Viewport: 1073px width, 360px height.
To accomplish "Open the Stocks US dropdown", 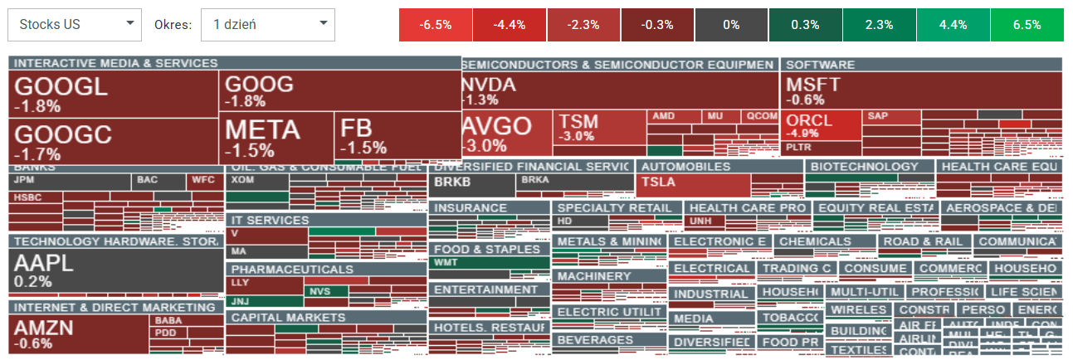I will [74, 25].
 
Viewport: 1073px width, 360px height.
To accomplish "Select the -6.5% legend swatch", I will [436, 25].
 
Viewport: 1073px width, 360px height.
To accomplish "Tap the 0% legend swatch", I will [731, 25].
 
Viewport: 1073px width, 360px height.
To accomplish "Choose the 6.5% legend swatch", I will [1027, 25].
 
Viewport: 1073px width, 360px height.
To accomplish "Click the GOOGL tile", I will [113, 94].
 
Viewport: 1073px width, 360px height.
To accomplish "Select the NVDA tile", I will [619, 90].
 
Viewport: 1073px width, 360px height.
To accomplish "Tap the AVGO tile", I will [505, 134].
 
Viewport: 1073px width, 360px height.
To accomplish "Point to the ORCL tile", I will [820, 125].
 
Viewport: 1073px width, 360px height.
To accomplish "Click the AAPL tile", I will [115, 270].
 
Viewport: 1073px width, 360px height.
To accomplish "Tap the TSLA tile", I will [692, 184].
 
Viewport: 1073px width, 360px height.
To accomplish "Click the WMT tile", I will [489, 263].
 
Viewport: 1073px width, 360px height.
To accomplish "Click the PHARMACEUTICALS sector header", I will [325, 270].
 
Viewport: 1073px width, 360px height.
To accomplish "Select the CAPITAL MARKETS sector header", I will [325, 318].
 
